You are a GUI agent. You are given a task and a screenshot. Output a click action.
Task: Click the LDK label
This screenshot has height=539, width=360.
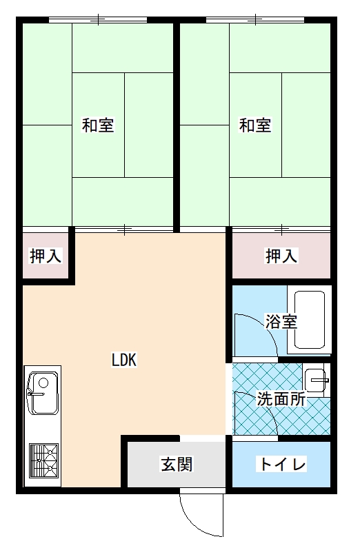(124, 360)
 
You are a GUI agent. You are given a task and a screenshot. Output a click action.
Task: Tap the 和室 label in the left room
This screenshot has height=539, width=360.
(98, 125)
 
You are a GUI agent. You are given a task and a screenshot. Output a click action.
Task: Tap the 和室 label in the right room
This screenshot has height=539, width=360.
(254, 125)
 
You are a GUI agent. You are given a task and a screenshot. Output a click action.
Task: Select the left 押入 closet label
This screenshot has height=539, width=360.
(46, 256)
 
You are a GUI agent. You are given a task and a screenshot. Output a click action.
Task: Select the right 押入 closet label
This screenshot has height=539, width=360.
(281, 256)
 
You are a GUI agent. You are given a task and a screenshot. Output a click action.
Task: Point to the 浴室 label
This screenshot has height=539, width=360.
(281, 322)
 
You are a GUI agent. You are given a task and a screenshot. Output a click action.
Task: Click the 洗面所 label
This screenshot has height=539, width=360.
(281, 399)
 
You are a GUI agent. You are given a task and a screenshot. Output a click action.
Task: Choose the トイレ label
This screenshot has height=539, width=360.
(281, 464)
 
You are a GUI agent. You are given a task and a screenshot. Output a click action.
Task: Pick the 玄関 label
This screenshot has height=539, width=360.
(177, 464)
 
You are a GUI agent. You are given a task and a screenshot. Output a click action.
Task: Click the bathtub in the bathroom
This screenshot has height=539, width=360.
(310, 320)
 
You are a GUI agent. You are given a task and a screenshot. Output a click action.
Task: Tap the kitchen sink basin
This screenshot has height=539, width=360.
(43, 393)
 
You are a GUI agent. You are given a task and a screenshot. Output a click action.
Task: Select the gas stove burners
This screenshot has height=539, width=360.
(43, 460)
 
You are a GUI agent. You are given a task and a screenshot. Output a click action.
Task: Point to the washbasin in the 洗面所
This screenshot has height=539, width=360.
(315, 380)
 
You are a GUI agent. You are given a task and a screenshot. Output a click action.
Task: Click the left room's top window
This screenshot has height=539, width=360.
(98, 20)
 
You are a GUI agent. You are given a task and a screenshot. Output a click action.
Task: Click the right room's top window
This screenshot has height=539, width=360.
(255, 20)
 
